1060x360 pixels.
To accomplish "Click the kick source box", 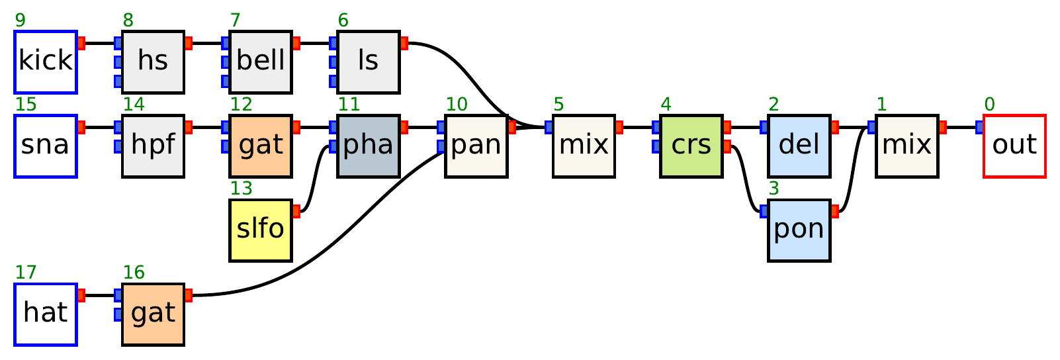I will coord(46,62).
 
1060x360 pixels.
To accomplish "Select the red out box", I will coord(1014,146).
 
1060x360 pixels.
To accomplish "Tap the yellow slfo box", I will coord(261,230).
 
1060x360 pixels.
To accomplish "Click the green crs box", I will coord(691,146).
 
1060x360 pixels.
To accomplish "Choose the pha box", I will coord(369,146).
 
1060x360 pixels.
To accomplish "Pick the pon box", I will coord(799,230).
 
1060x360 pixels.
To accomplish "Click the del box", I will coord(799,146).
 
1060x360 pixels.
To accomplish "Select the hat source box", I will coord(46,314).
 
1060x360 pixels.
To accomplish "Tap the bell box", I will coord(261,62).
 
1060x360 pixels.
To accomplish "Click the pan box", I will coord(476,146).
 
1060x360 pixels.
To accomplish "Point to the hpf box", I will coord(153,146).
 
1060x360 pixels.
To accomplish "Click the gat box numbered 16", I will coord(153,314).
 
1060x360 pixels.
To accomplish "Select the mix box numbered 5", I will coord(584,146).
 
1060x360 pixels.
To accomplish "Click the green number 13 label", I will coord(242,189).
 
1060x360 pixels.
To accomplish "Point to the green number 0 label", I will coord(989,105).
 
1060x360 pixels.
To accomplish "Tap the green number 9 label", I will coord(21,21).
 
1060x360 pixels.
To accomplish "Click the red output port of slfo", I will coord(296,211).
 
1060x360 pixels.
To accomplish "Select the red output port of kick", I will coord(81,44).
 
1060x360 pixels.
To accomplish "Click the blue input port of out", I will coord(980,127).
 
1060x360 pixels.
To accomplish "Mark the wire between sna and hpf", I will coord(99,127).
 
